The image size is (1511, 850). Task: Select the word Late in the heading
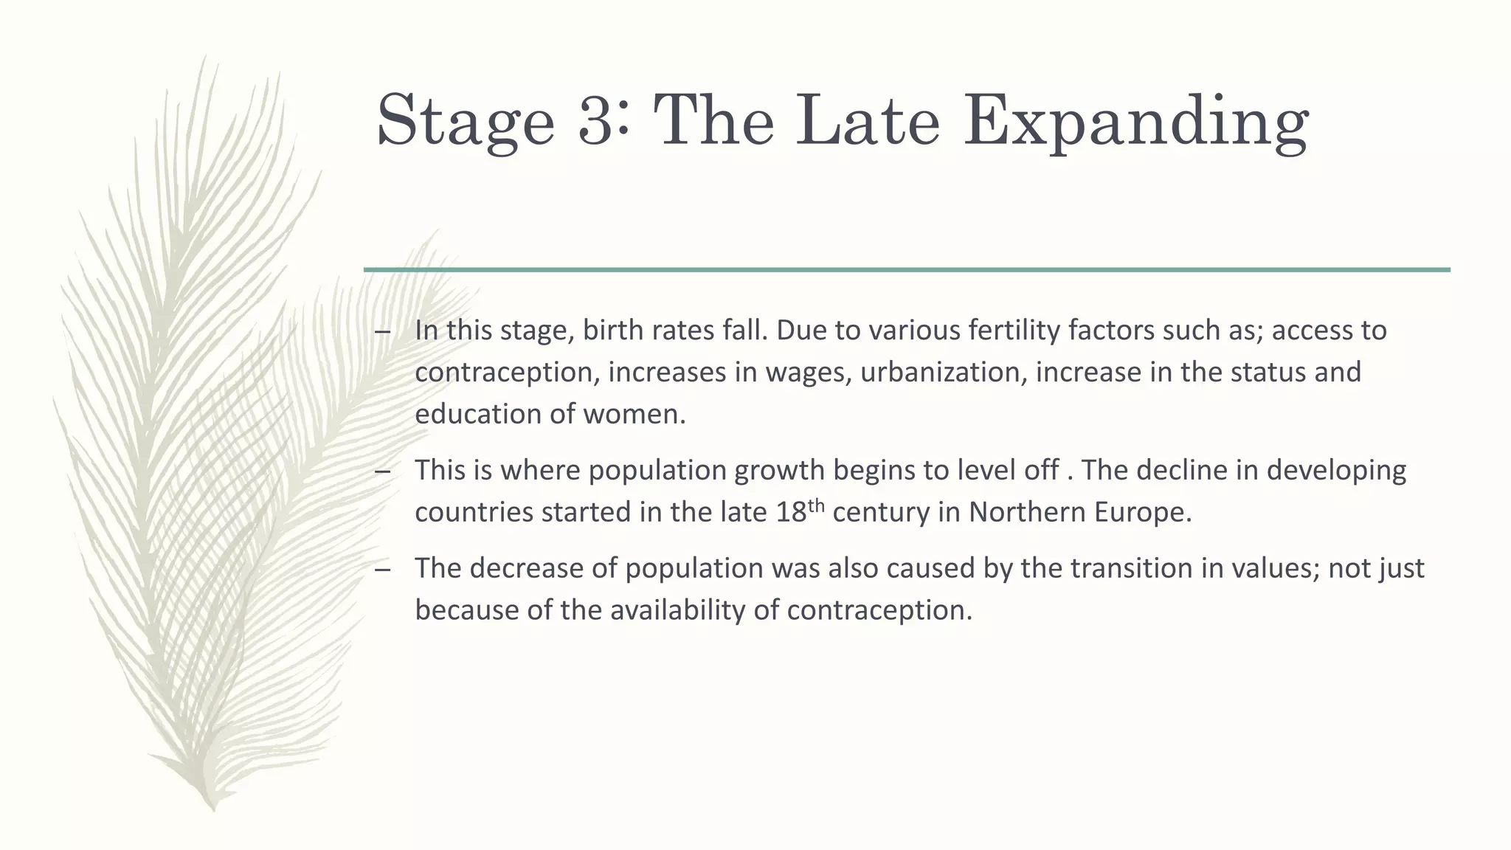click(868, 120)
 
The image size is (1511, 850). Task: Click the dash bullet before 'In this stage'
click(382, 331)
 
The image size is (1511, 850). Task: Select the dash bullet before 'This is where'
click(382, 471)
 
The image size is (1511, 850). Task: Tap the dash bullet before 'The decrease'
click(382, 569)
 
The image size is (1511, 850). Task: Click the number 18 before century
click(791, 512)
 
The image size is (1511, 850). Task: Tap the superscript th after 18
click(815, 505)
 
